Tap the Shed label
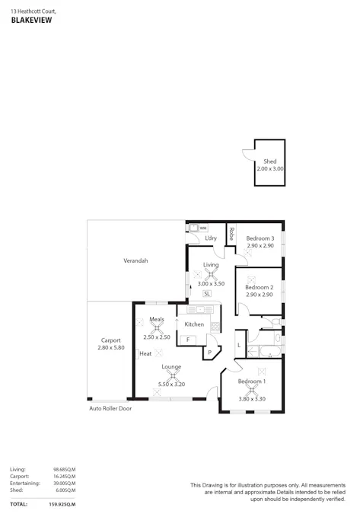(269, 161)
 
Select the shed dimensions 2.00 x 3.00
(269, 168)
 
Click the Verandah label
(135, 260)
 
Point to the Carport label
(110, 340)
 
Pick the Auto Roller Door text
(110, 408)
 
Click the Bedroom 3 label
(260, 238)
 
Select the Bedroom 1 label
(252, 381)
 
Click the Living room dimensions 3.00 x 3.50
(210, 283)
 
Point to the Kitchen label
(194, 324)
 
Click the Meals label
(157, 319)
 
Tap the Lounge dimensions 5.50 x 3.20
(171, 384)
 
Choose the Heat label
(145, 353)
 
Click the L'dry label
(211, 238)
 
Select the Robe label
(231, 234)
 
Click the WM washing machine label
(203, 227)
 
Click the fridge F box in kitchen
(187, 339)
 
